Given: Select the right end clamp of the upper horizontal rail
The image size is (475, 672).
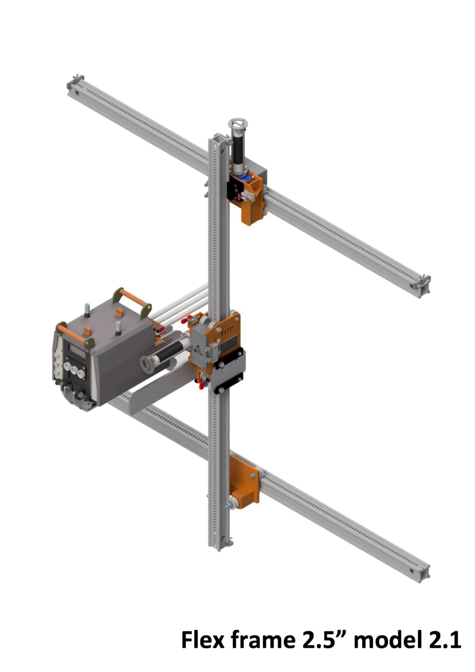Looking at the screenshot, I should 421,284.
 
